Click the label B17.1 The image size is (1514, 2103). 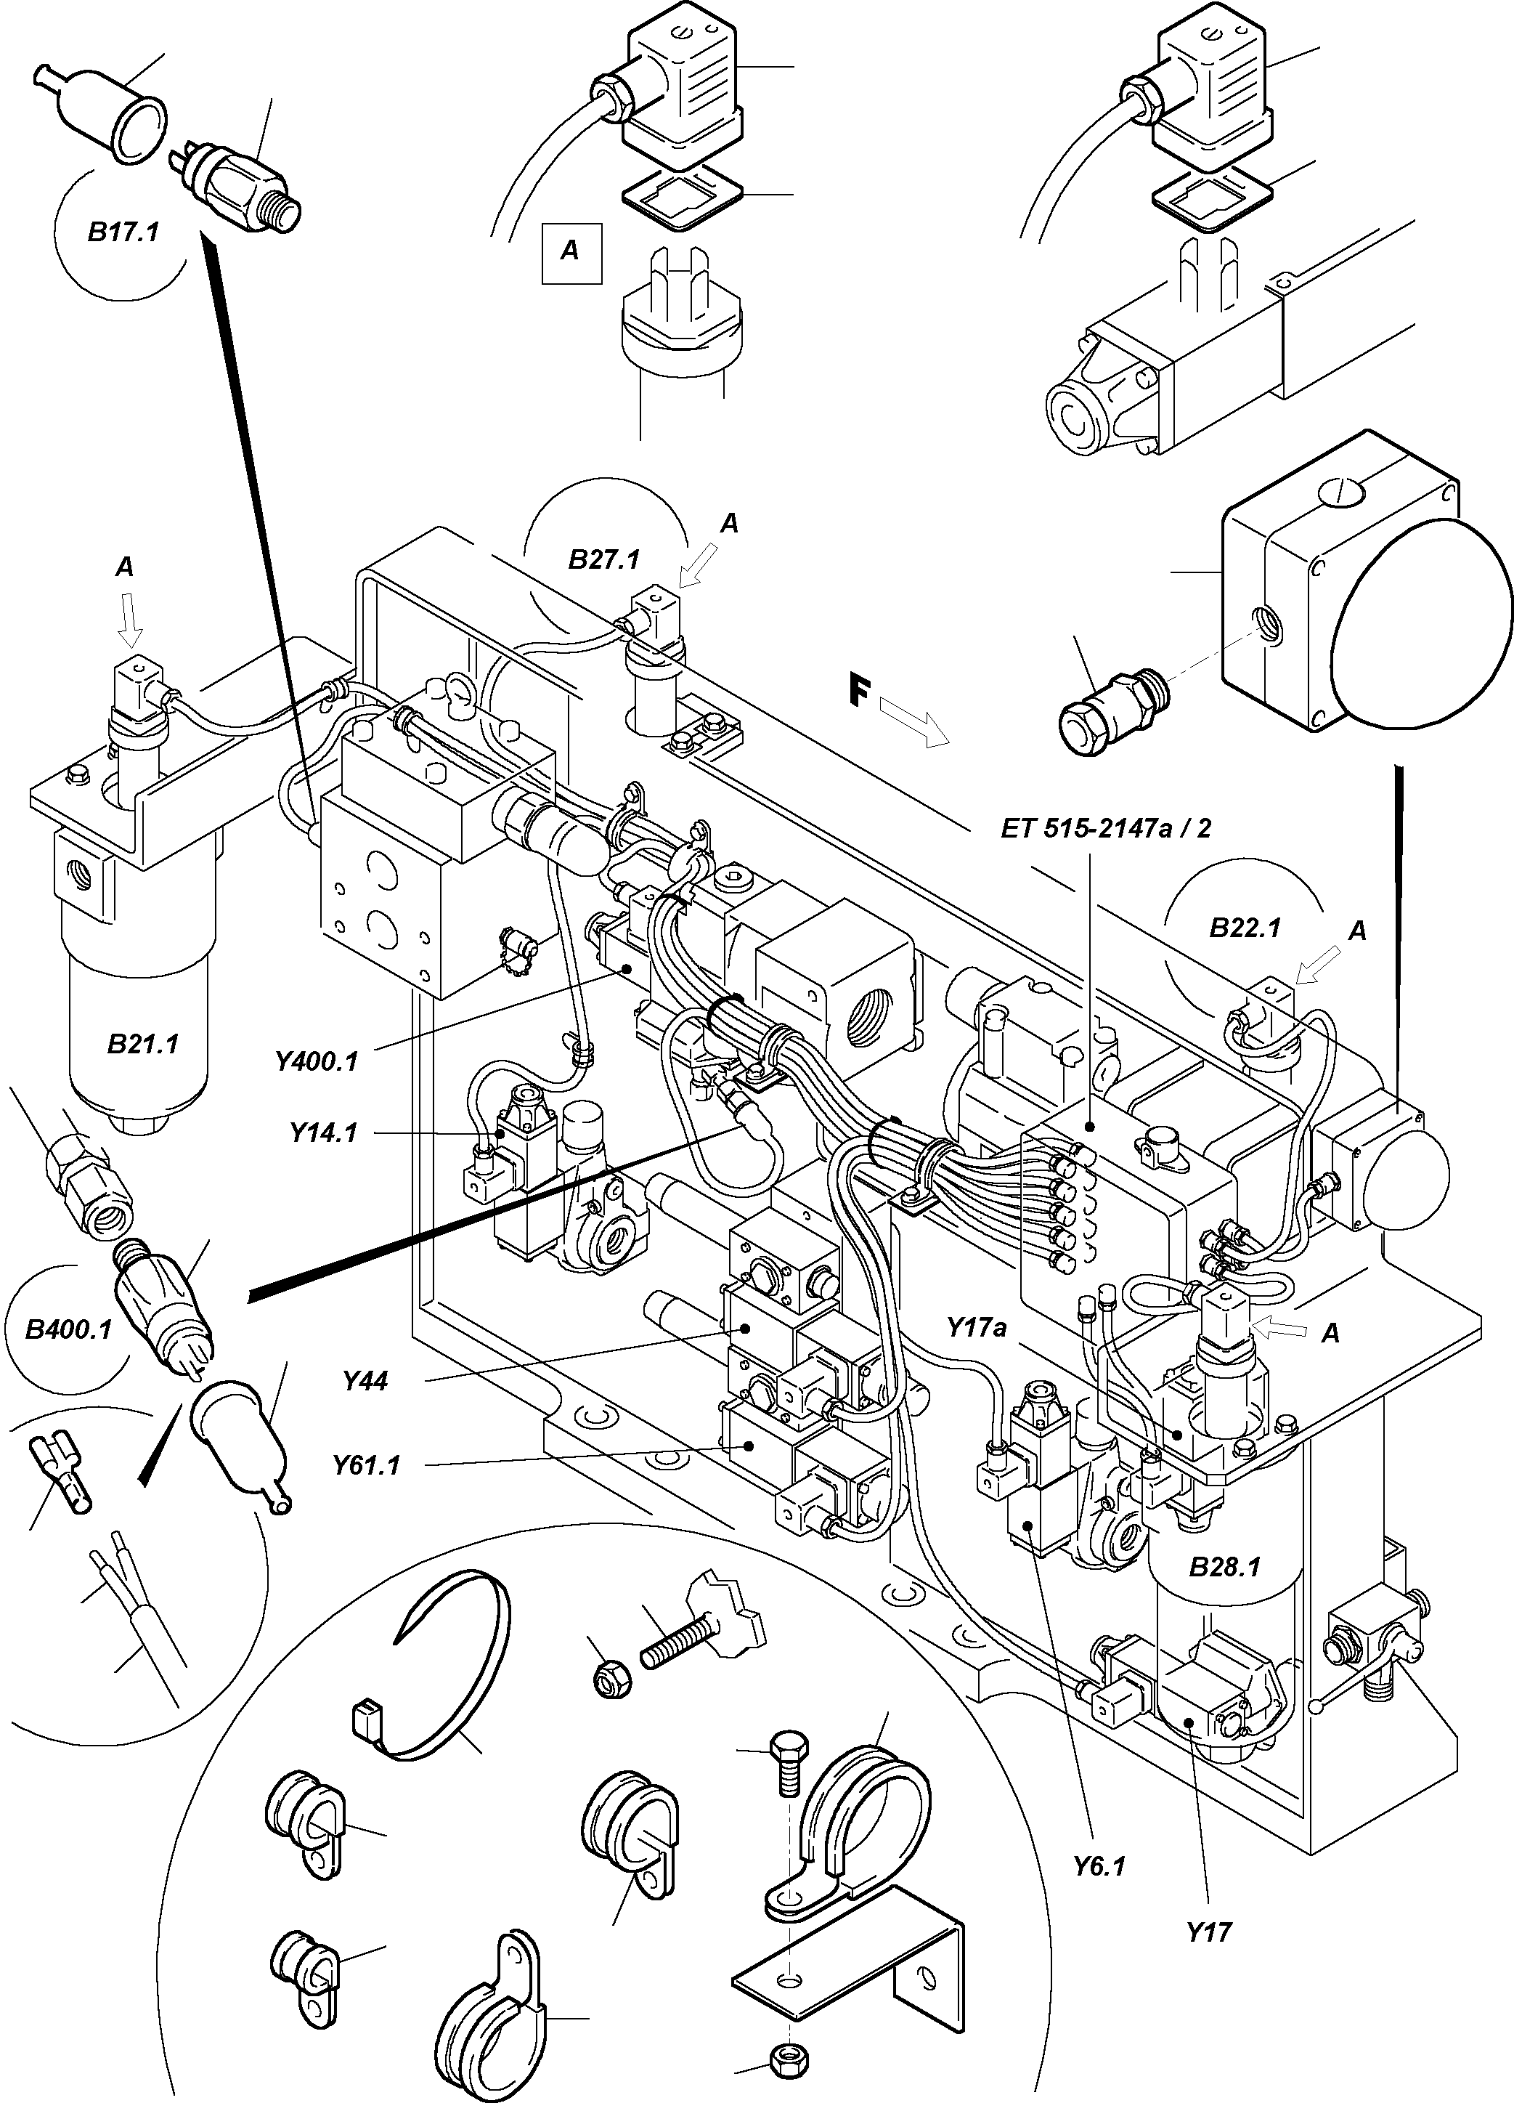coord(123,232)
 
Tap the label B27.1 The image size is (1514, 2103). coord(603,560)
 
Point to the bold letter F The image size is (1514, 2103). coord(860,691)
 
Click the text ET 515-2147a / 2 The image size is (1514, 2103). coord(1105,828)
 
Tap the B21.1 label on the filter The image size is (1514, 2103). coord(143,1044)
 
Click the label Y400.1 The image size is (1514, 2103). coord(316,1061)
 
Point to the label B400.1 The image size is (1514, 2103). coord(68,1329)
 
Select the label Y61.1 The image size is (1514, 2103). coord(366,1465)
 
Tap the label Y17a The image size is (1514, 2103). coord(976,1328)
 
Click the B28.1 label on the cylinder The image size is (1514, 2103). coord(1224,1567)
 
